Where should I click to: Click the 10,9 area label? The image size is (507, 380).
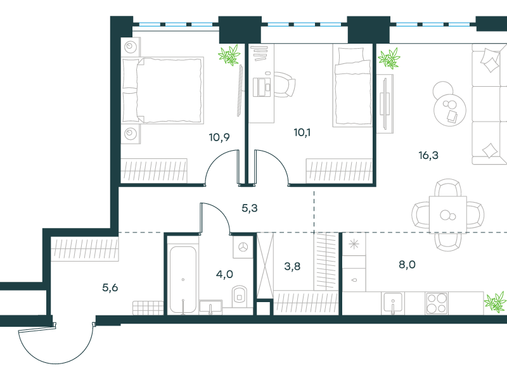coord(219,137)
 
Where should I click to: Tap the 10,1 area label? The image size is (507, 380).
coord(302,132)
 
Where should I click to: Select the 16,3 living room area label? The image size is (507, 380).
coord(428,155)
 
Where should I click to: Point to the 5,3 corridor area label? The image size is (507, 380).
coord(250,208)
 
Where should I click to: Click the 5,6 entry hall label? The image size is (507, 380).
coord(110,288)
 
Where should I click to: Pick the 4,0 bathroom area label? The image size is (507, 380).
coord(224,274)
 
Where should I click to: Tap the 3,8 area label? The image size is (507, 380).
coord(292,266)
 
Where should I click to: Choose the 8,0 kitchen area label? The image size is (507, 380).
coord(407,265)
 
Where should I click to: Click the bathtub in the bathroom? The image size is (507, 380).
coord(183,280)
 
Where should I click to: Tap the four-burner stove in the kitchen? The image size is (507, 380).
coord(437,303)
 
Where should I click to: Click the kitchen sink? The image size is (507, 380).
coord(393,303)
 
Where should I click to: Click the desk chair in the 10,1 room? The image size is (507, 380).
coord(285,85)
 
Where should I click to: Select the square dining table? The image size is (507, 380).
coord(448,214)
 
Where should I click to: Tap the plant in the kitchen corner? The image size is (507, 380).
coord(495,301)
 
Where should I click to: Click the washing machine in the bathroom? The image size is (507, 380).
coord(243,247)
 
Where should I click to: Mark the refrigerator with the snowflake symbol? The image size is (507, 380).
coord(354,244)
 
